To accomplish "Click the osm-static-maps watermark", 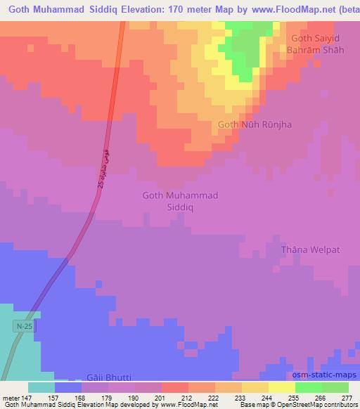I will pyautogui.click(x=324, y=376).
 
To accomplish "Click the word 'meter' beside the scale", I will pyautogui.click(x=11, y=397).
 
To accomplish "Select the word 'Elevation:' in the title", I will pyautogui.click(x=146, y=10).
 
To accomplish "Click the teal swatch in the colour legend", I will pyautogui.click(x=41, y=387).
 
